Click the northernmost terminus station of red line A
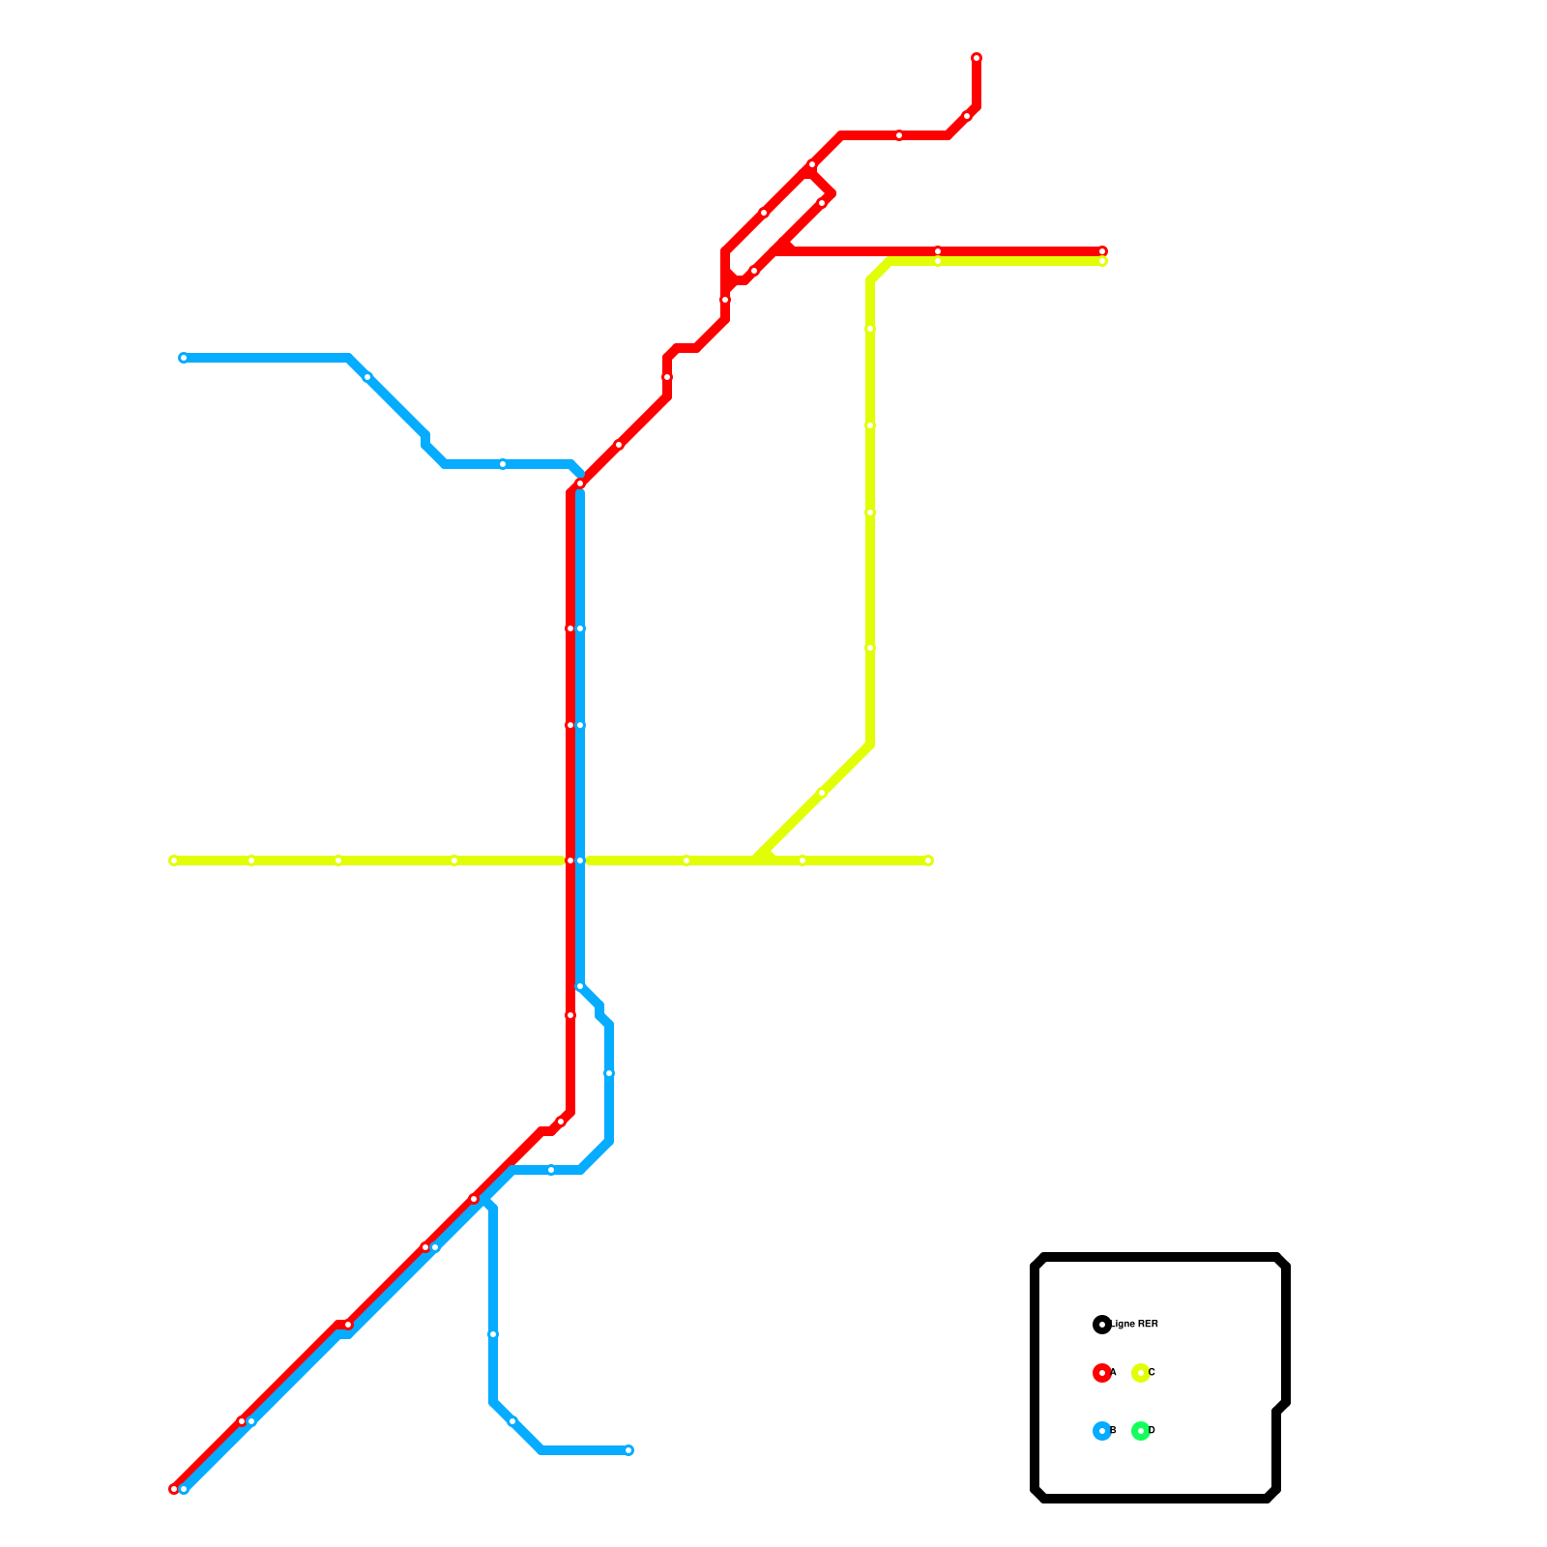coord(977,58)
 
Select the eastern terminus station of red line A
coord(1102,251)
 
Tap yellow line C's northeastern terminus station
coord(1102,261)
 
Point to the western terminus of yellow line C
coord(174,861)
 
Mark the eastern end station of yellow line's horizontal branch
coord(928,861)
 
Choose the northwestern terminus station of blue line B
coord(184,358)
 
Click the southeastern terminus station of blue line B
coord(628,1450)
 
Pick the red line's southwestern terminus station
coord(174,1489)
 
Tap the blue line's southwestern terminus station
coord(184,1489)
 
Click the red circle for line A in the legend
coord(1101,1373)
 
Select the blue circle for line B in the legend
coord(1101,1431)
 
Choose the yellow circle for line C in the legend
coord(1141,1373)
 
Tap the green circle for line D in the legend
coord(1141,1431)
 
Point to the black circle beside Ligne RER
coord(1101,1325)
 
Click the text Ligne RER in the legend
coord(1136,1325)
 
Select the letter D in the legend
coord(1152,1431)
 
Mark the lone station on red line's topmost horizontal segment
coord(899,135)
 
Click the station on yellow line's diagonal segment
coord(822,793)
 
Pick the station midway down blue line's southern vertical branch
coord(493,1334)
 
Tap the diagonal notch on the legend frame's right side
coord(1281,1407)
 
